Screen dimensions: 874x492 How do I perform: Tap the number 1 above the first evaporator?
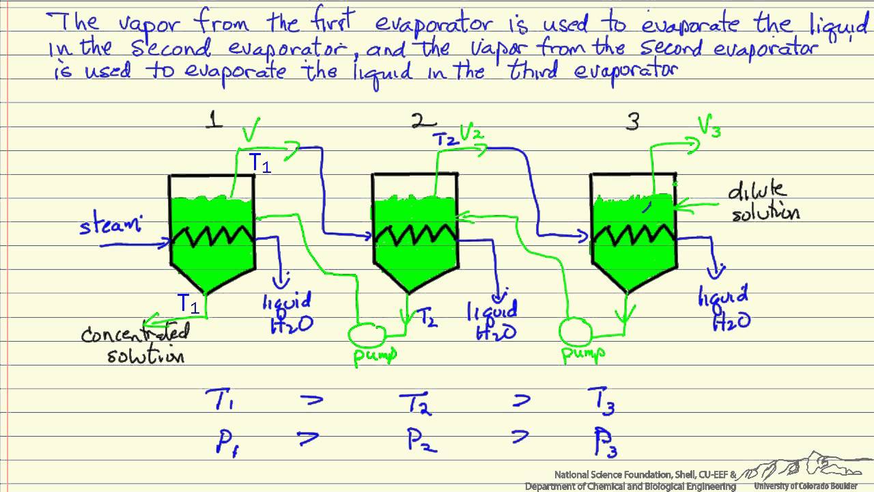(x=215, y=121)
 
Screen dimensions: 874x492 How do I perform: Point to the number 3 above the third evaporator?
(x=633, y=122)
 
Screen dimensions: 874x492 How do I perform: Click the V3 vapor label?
(x=708, y=126)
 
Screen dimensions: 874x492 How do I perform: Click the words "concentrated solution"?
(x=135, y=344)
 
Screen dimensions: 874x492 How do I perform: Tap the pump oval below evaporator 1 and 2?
(x=367, y=333)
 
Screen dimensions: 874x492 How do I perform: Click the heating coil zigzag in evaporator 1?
(x=212, y=238)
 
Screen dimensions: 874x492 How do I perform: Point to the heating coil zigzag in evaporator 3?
(x=632, y=236)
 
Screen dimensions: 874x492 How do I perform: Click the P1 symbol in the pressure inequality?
(x=222, y=441)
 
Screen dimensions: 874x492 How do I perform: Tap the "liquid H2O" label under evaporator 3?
(x=724, y=307)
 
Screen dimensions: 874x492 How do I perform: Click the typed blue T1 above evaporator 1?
(x=259, y=163)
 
